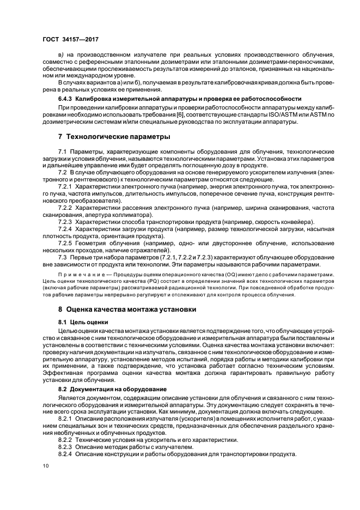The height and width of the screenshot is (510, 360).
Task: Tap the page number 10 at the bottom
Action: [46, 466]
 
